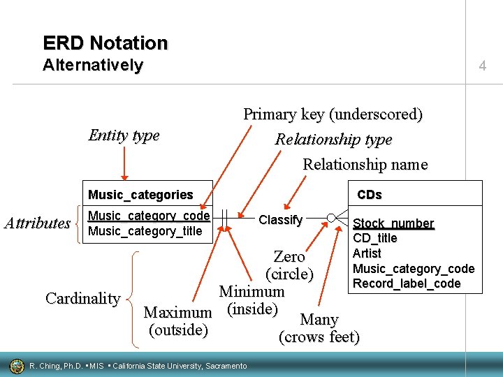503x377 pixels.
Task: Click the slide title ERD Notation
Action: [x=105, y=43]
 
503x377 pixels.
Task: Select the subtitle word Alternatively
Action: [x=92, y=66]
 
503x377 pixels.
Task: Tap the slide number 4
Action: [x=482, y=66]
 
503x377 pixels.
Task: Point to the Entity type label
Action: [x=124, y=135]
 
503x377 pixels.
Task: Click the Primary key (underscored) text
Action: [x=333, y=114]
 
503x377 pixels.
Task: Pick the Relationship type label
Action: [x=333, y=139]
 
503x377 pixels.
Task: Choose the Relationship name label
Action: [x=365, y=165]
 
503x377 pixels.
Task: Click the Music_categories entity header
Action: [x=140, y=194]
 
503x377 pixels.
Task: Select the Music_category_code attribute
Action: [x=149, y=216]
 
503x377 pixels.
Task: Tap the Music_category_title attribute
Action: [x=145, y=231]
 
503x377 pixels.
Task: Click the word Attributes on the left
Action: [x=37, y=223]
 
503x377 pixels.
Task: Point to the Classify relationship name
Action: [x=280, y=220]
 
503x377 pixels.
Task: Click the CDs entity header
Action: [x=370, y=194]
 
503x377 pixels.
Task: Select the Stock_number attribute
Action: [x=393, y=223]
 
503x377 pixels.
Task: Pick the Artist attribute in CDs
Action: [x=367, y=253]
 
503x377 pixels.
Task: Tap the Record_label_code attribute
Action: [x=407, y=283]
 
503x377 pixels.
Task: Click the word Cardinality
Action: [x=82, y=298]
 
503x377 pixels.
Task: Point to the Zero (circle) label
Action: [x=289, y=265]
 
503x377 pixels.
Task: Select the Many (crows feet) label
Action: [x=319, y=328]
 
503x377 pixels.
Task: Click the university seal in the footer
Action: [x=16, y=365]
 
